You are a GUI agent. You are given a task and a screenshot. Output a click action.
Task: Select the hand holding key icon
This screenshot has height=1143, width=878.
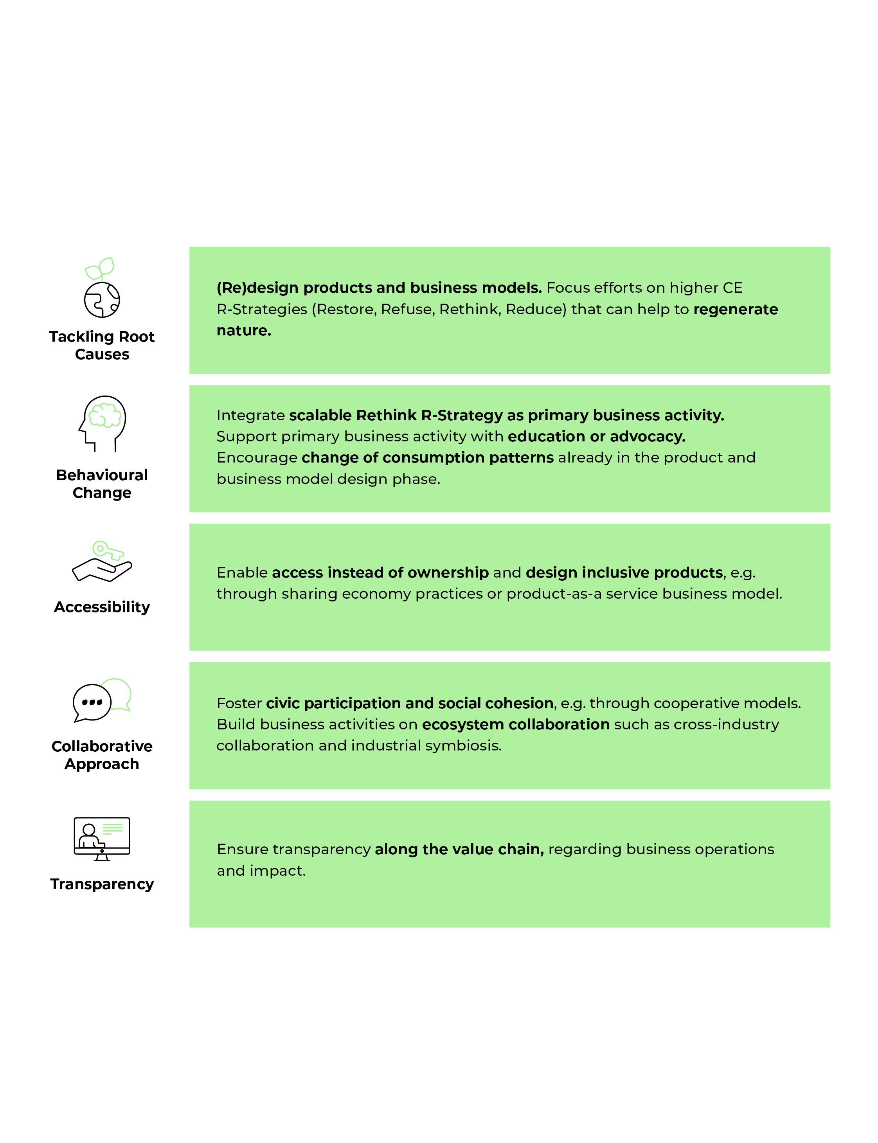[x=102, y=561]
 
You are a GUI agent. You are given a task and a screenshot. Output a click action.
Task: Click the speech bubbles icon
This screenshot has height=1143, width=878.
[x=102, y=700]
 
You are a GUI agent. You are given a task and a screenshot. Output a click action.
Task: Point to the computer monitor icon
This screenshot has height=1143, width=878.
[x=102, y=839]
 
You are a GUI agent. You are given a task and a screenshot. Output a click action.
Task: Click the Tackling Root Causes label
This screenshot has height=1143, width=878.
[x=102, y=346]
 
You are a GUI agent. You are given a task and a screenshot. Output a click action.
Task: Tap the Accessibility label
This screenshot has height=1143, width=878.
[x=102, y=607]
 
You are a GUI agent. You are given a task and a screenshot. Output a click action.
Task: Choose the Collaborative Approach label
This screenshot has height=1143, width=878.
[x=102, y=755]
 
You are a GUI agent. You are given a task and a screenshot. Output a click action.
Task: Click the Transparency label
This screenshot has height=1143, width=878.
[x=102, y=884]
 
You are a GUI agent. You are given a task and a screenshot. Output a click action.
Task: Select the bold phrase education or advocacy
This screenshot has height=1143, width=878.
[x=596, y=436]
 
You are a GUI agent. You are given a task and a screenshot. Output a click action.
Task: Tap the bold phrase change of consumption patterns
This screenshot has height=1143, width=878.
[x=428, y=458]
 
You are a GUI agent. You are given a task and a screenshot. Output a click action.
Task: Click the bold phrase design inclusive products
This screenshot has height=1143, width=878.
[x=624, y=573]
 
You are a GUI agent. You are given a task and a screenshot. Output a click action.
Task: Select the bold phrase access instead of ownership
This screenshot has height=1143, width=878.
[x=380, y=573]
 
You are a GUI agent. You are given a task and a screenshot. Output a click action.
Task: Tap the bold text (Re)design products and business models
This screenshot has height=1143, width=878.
[x=380, y=288]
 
